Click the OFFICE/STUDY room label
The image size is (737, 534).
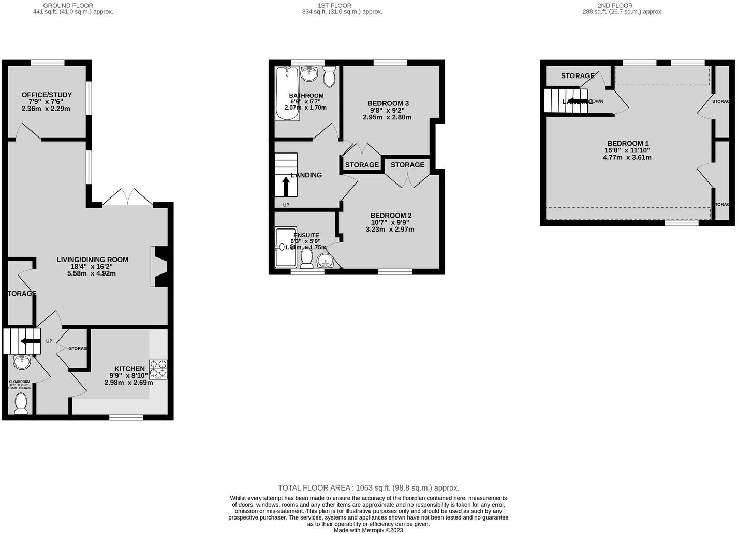[x=47, y=95]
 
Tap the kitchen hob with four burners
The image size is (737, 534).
[x=158, y=369]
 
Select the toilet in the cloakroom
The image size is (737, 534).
[x=21, y=404]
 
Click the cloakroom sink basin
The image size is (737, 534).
[x=22, y=363]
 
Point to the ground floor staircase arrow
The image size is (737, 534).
[x=30, y=341]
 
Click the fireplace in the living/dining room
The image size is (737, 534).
[x=159, y=266]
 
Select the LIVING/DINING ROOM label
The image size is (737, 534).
[x=92, y=260]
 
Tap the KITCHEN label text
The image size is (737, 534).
[x=129, y=369]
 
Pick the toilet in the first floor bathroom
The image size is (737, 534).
[x=329, y=78]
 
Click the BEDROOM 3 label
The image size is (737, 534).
[x=388, y=103]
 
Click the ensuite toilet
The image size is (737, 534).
[x=306, y=258]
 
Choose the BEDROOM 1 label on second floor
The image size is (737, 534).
[x=628, y=143]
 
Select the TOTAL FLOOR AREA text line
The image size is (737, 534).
[x=368, y=487]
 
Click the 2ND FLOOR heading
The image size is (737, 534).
[x=622, y=5]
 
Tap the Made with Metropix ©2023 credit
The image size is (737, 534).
[x=368, y=530]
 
